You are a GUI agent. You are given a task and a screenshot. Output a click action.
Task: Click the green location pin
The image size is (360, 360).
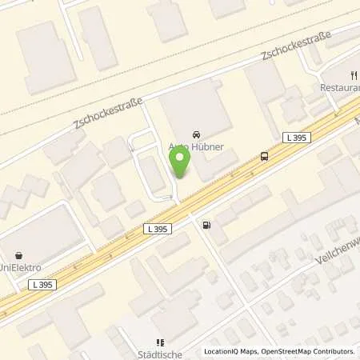pyautogui.click(x=180, y=163)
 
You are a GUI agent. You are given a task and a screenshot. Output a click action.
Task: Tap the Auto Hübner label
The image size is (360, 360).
pyautogui.click(x=197, y=146)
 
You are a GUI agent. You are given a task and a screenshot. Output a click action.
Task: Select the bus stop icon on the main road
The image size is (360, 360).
pyautogui.click(x=264, y=156)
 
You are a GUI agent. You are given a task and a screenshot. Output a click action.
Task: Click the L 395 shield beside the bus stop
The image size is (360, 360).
pyautogui.click(x=296, y=138)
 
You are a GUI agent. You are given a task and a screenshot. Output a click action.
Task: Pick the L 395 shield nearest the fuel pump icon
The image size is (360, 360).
pyautogui.click(x=158, y=230)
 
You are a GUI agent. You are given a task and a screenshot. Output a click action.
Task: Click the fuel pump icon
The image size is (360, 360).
pyautogui.click(x=207, y=225)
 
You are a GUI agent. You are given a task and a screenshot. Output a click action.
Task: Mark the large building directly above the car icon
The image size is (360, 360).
pyautogui.click(x=196, y=104)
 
